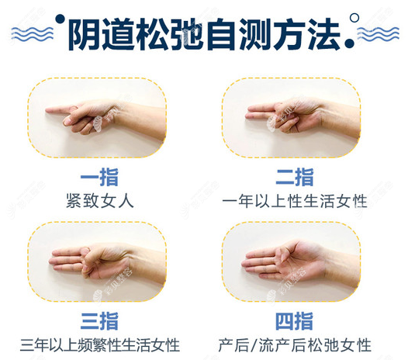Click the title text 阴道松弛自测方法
pyautogui.click(x=203, y=33)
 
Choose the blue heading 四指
pyautogui.click(x=295, y=320)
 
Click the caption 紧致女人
pyautogui.click(x=101, y=200)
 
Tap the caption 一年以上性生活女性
pyautogui.click(x=295, y=200)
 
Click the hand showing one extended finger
pyautogui.click(x=109, y=116)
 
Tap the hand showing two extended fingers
pyautogui.click(x=299, y=116)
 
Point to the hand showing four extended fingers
pyautogui.click(x=299, y=260)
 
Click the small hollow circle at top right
pyautogui.click(x=355, y=15)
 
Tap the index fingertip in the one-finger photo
pyautogui.click(x=48, y=113)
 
